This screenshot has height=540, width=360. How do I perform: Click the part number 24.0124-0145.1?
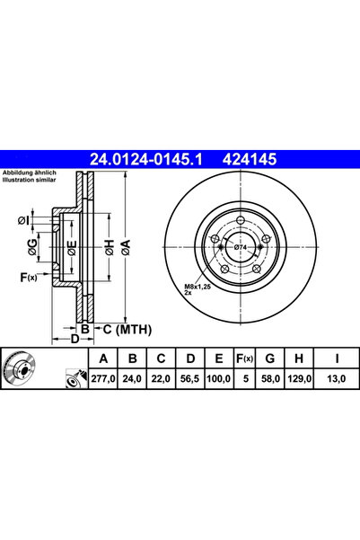[x=148, y=160]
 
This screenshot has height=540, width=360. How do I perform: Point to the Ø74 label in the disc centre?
[x=240, y=247]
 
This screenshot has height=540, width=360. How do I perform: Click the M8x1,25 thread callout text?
[x=197, y=287]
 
